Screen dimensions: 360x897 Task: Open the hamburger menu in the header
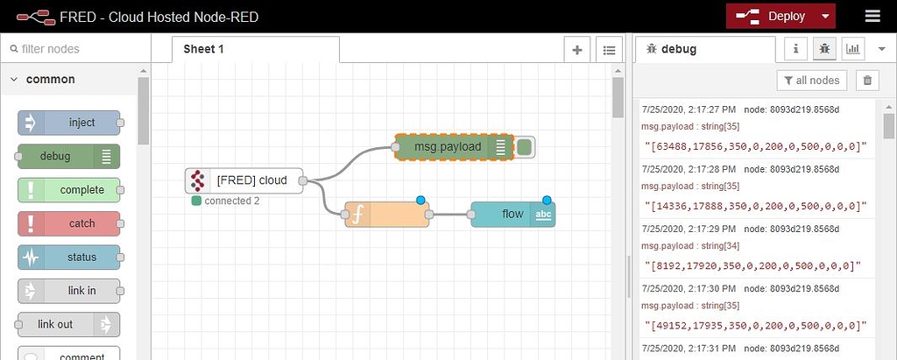(872, 17)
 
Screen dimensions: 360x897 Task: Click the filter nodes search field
(74, 49)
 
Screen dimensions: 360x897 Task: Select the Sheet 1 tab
(204, 49)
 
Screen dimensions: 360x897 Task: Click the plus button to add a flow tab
(577, 50)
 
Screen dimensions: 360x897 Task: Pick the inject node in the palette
(69, 123)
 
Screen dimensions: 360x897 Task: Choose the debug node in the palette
(68, 157)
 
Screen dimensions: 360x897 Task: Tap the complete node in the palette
(69, 190)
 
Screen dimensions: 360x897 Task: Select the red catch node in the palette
(69, 223)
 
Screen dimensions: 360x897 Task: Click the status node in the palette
(69, 258)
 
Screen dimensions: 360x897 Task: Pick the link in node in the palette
(69, 291)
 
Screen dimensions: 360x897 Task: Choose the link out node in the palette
(68, 324)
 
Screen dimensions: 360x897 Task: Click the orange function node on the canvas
(386, 214)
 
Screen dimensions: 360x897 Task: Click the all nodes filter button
(811, 81)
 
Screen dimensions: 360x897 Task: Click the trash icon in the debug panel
(867, 81)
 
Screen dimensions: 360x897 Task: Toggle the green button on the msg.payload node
(525, 147)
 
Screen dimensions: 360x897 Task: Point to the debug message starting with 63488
(755, 146)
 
